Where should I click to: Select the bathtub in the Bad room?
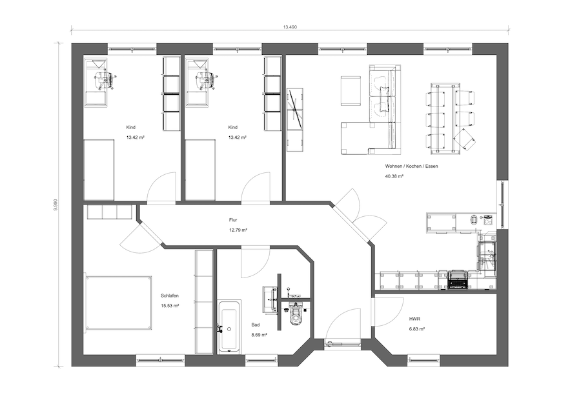tap(229, 326)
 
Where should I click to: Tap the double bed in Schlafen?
tap(119, 302)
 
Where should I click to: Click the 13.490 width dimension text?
tap(290, 27)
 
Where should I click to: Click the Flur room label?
tap(232, 220)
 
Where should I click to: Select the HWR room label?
tap(414, 319)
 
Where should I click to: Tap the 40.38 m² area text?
tap(394, 176)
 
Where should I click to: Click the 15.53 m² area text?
tap(170, 306)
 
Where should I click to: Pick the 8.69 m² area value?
tap(260, 335)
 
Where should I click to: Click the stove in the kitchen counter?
tap(458, 279)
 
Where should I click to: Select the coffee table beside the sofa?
tap(351, 91)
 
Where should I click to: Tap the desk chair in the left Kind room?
tap(105, 79)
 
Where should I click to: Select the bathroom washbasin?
tap(270, 296)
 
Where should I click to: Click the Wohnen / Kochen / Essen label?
tap(411, 166)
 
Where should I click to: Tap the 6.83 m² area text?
tap(417, 328)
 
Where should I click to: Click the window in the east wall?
tap(502, 205)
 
